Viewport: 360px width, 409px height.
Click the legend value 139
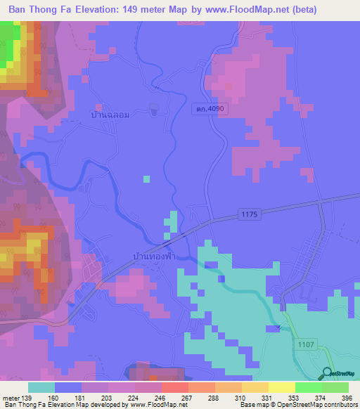pyautogui.click(x=26, y=398)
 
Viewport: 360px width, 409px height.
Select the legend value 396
pyautogui.click(x=347, y=398)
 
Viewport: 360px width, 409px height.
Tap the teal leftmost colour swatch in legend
pyautogui.click(x=41, y=387)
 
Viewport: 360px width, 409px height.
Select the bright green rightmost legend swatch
pyautogui.click(x=335, y=387)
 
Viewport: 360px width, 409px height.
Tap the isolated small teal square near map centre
pyautogui.click(x=146, y=178)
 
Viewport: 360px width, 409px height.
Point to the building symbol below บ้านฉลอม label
pyautogui.click(x=155, y=110)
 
